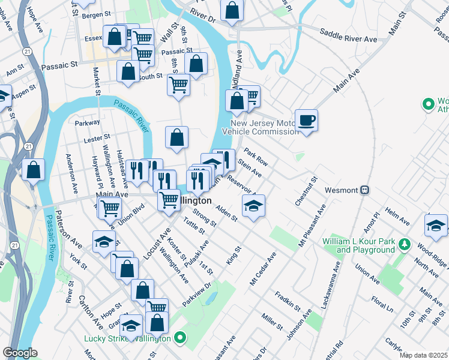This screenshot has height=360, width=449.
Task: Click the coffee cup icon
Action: (x=306, y=119)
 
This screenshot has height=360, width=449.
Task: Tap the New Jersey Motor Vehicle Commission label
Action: (x=260, y=127)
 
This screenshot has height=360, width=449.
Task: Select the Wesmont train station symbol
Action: (x=364, y=190)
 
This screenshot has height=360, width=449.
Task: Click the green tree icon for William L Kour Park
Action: (x=405, y=244)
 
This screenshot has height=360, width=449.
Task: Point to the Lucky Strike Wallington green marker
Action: (x=179, y=339)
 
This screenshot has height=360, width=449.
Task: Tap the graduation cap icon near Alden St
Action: (x=253, y=207)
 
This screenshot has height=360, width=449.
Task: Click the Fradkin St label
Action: (x=288, y=300)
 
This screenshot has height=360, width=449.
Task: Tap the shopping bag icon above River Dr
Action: (x=232, y=10)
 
